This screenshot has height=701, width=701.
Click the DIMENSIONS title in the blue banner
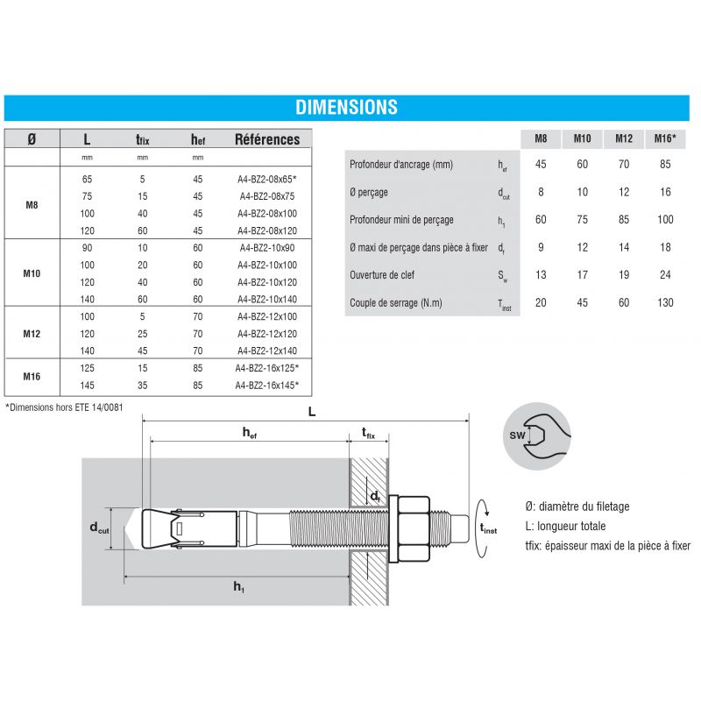[x=346, y=108]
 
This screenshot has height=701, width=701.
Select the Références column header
[x=267, y=139]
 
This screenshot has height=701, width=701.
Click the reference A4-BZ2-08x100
[x=267, y=214]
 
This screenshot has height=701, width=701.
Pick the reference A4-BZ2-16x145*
[x=267, y=385]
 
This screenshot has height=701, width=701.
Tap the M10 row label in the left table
[x=32, y=273]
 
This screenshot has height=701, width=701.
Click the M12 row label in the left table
[x=32, y=333]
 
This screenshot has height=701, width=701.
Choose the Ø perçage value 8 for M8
[x=541, y=193]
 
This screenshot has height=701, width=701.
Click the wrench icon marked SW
[x=538, y=435]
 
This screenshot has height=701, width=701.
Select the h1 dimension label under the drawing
[x=238, y=587]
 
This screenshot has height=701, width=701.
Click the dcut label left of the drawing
[x=99, y=527]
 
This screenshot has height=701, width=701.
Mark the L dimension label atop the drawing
[x=312, y=412]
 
